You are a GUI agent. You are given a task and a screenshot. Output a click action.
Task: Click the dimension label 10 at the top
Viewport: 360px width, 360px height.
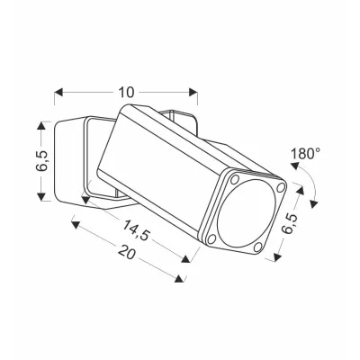tap(126, 93)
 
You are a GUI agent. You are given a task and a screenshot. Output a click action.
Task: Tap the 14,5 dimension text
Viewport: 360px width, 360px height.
tap(136, 229)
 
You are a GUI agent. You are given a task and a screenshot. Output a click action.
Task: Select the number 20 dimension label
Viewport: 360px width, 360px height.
tap(126, 252)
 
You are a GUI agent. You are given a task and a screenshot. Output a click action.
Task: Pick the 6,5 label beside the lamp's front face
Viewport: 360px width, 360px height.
tap(290, 224)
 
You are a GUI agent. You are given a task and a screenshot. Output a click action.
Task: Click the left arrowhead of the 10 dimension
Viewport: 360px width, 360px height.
tap(58, 93)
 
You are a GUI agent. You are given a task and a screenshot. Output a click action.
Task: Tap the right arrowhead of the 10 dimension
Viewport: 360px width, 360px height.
tap(193, 93)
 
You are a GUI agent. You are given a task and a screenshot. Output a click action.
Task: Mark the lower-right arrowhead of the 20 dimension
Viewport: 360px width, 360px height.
tap(179, 278)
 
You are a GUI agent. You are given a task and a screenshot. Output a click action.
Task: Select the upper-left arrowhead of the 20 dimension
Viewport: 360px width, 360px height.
tap(76, 225)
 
